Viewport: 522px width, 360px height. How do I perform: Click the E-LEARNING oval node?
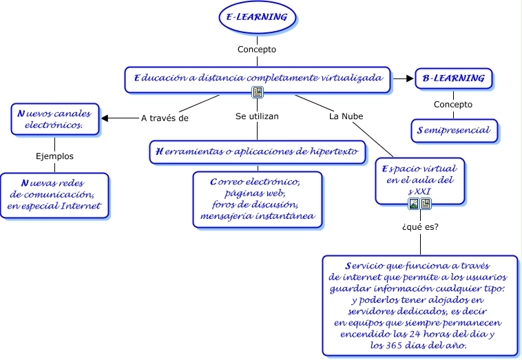click(257, 17)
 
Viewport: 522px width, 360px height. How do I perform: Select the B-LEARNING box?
click(453, 78)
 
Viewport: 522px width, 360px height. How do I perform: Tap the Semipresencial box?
click(453, 129)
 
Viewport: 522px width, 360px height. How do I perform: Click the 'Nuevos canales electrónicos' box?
click(54, 119)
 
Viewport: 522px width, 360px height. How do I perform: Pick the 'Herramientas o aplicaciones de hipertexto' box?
click(258, 152)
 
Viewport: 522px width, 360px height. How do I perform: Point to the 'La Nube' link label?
click(346, 116)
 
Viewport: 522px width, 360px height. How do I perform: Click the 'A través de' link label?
click(164, 118)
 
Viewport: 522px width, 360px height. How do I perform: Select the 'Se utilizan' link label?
click(257, 116)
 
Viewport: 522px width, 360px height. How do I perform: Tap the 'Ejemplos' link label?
click(54, 156)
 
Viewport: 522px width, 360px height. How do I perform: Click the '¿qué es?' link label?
click(420, 226)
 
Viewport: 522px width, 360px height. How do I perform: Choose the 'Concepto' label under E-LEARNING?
click(257, 50)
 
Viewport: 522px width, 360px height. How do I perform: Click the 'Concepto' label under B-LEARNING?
click(453, 105)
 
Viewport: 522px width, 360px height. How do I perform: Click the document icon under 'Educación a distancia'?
click(257, 92)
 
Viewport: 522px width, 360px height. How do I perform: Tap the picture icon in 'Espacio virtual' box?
click(413, 203)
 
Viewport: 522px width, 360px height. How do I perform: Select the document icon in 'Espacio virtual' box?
click(426, 203)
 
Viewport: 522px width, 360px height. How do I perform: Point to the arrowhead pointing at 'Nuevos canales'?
click(105, 118)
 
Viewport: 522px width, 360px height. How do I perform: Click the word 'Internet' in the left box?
click(81, 206)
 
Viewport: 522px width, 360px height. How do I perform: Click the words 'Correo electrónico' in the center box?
click(255, 182)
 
